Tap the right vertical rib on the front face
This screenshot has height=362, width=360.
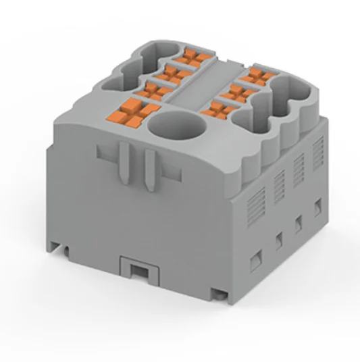point(147,166)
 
